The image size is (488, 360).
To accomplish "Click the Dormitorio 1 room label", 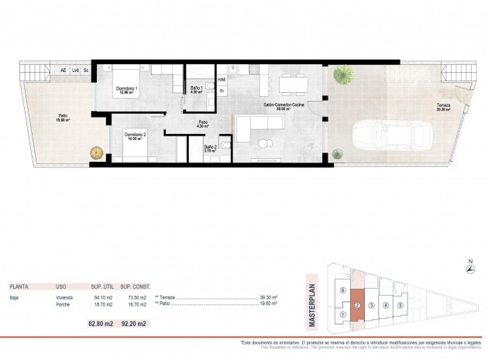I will pos(127,89).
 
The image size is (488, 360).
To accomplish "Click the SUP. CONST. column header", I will pos(138,285).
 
